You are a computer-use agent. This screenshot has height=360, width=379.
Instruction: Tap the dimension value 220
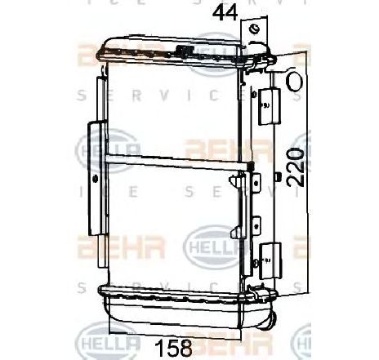click(x=299, y=167)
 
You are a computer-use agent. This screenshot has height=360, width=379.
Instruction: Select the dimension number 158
click(x=172, y=347)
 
